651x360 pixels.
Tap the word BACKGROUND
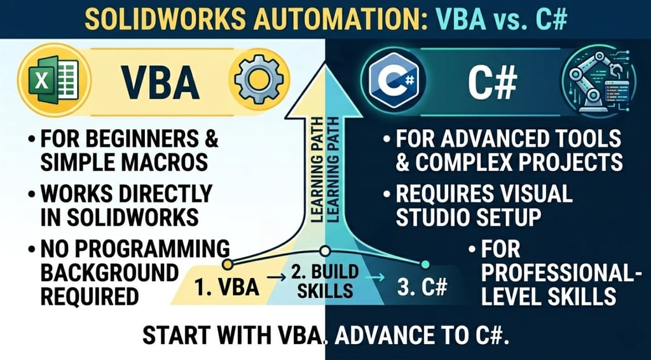[109, 273]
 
